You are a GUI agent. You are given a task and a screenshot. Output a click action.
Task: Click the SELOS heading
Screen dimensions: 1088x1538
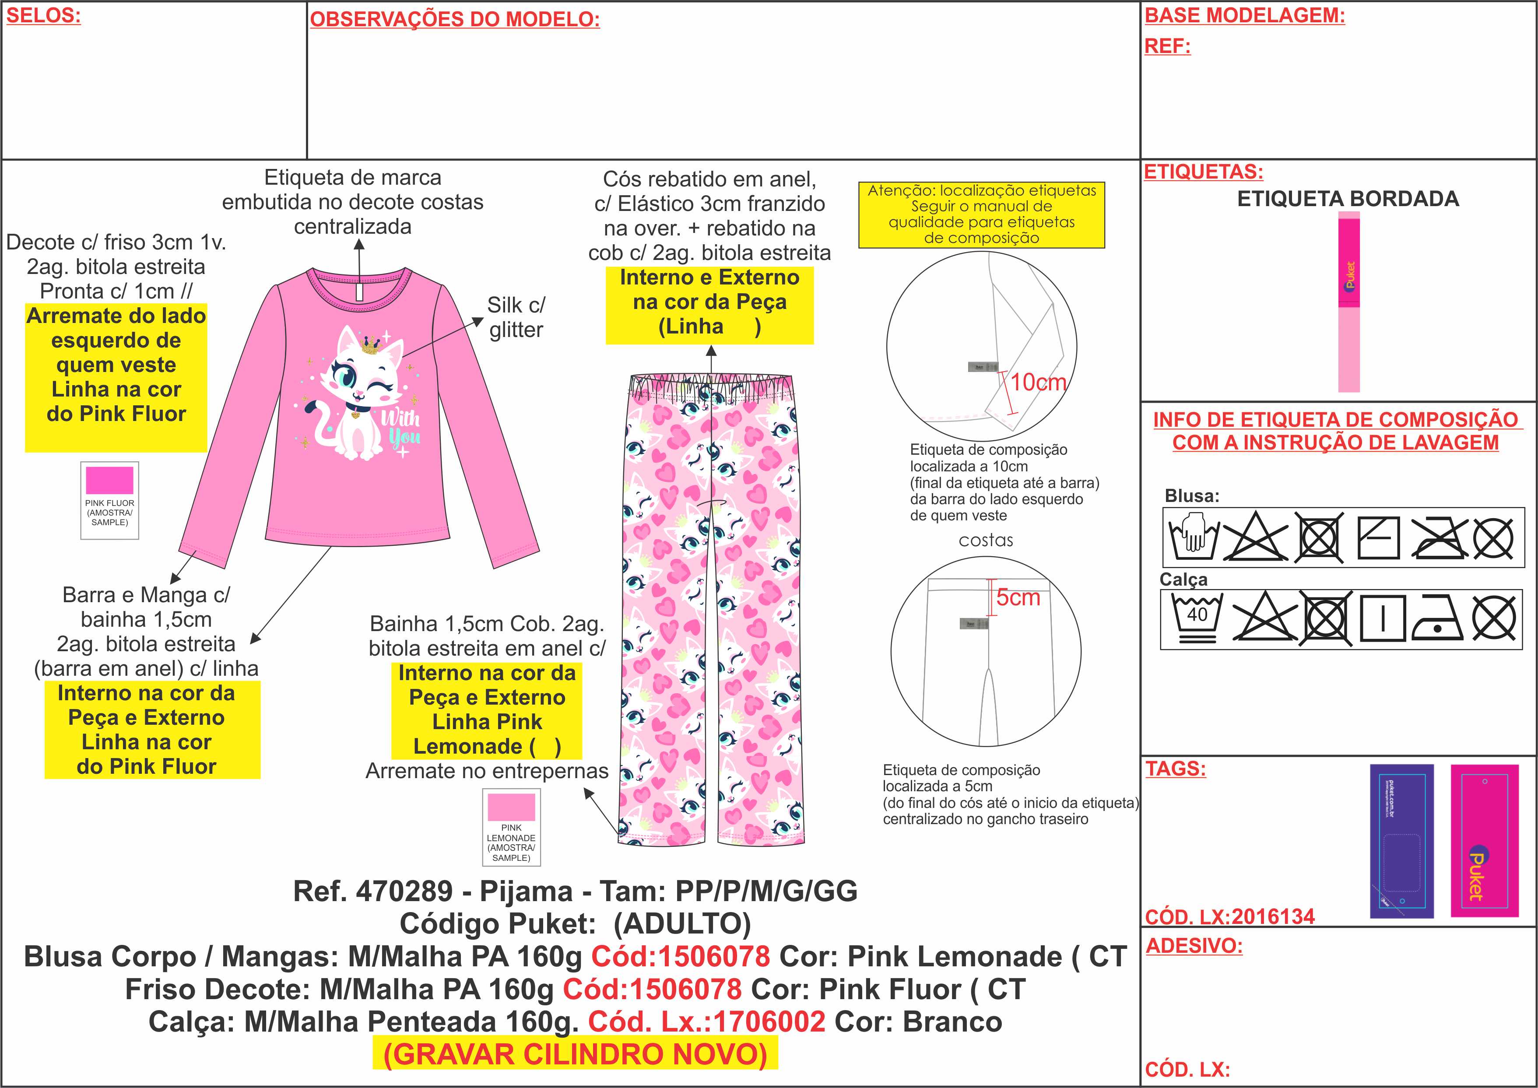tap(43, 16)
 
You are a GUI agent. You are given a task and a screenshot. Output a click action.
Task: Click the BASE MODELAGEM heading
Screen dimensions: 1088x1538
tap(1244, 16)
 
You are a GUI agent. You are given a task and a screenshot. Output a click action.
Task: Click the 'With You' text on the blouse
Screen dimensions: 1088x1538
tap(400, 428)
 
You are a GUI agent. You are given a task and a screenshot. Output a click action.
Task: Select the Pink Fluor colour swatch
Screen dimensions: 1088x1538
tap(109, 481)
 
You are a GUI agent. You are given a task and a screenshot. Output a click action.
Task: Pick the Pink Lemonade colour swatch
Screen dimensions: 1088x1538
tap(511, 807)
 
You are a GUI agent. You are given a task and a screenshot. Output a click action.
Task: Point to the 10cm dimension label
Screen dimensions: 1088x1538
tap(1038, 383)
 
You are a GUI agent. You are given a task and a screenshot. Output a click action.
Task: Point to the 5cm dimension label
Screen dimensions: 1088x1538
tap(1018, 597)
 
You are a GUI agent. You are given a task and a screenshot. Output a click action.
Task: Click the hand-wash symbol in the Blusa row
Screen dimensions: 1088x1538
tap(1194, 537)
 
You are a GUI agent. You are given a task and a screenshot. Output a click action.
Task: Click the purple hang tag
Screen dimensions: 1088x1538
tap(1401, 841)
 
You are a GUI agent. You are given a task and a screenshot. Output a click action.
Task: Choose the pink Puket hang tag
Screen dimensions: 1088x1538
tap(1484, 841)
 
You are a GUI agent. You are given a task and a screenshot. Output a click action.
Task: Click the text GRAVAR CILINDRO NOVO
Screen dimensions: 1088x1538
tap(575, 1054)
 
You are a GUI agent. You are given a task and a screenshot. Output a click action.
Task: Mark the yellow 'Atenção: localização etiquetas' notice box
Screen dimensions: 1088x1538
tap(981, 214)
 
